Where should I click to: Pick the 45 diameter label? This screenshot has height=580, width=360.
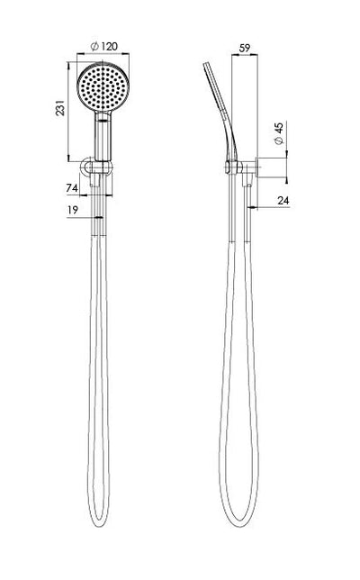pyautogui.click(x=279, y=134)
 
